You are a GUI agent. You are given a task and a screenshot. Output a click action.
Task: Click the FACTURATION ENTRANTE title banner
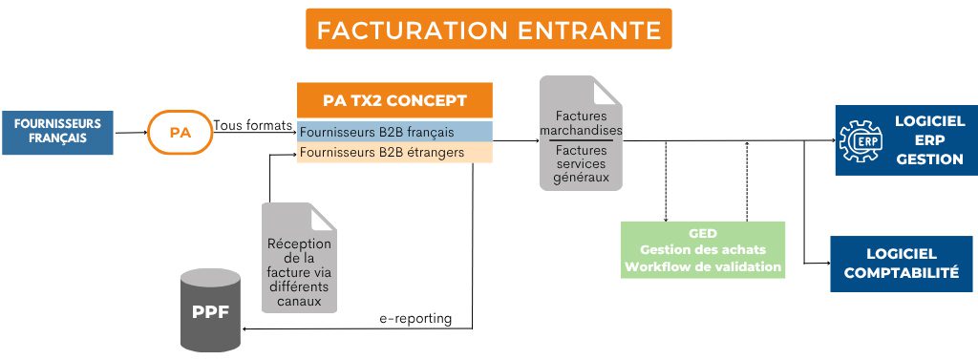[x=488, y=29]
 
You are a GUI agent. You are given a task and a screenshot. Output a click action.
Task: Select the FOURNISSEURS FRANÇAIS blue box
[x=57, y=131]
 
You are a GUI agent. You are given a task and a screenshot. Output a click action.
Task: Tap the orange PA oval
[x=180, y=133]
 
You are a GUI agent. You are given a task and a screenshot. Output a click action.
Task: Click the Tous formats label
[x=253, y=125]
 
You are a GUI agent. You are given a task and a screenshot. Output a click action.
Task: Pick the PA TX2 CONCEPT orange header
[x=394, y=100]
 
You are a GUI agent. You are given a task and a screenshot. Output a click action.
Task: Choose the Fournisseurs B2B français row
[x=394, y=131]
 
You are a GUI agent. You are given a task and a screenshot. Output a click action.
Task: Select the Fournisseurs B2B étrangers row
[x=394, y=152]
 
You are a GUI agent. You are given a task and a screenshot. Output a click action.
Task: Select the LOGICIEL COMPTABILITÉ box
[x=901, y=264]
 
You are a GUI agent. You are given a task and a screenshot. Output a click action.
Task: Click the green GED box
[x=702, y=249]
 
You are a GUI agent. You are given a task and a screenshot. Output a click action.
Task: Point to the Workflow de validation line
[x=703, y=266]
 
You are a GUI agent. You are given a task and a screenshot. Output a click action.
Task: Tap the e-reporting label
[x=411, y=317]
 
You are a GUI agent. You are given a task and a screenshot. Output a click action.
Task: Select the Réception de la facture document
[x=300, y=258]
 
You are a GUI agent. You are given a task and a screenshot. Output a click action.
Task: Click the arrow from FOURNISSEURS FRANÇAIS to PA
[x=131, y=134]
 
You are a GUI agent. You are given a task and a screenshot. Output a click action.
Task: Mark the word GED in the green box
[x=703, y=233]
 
